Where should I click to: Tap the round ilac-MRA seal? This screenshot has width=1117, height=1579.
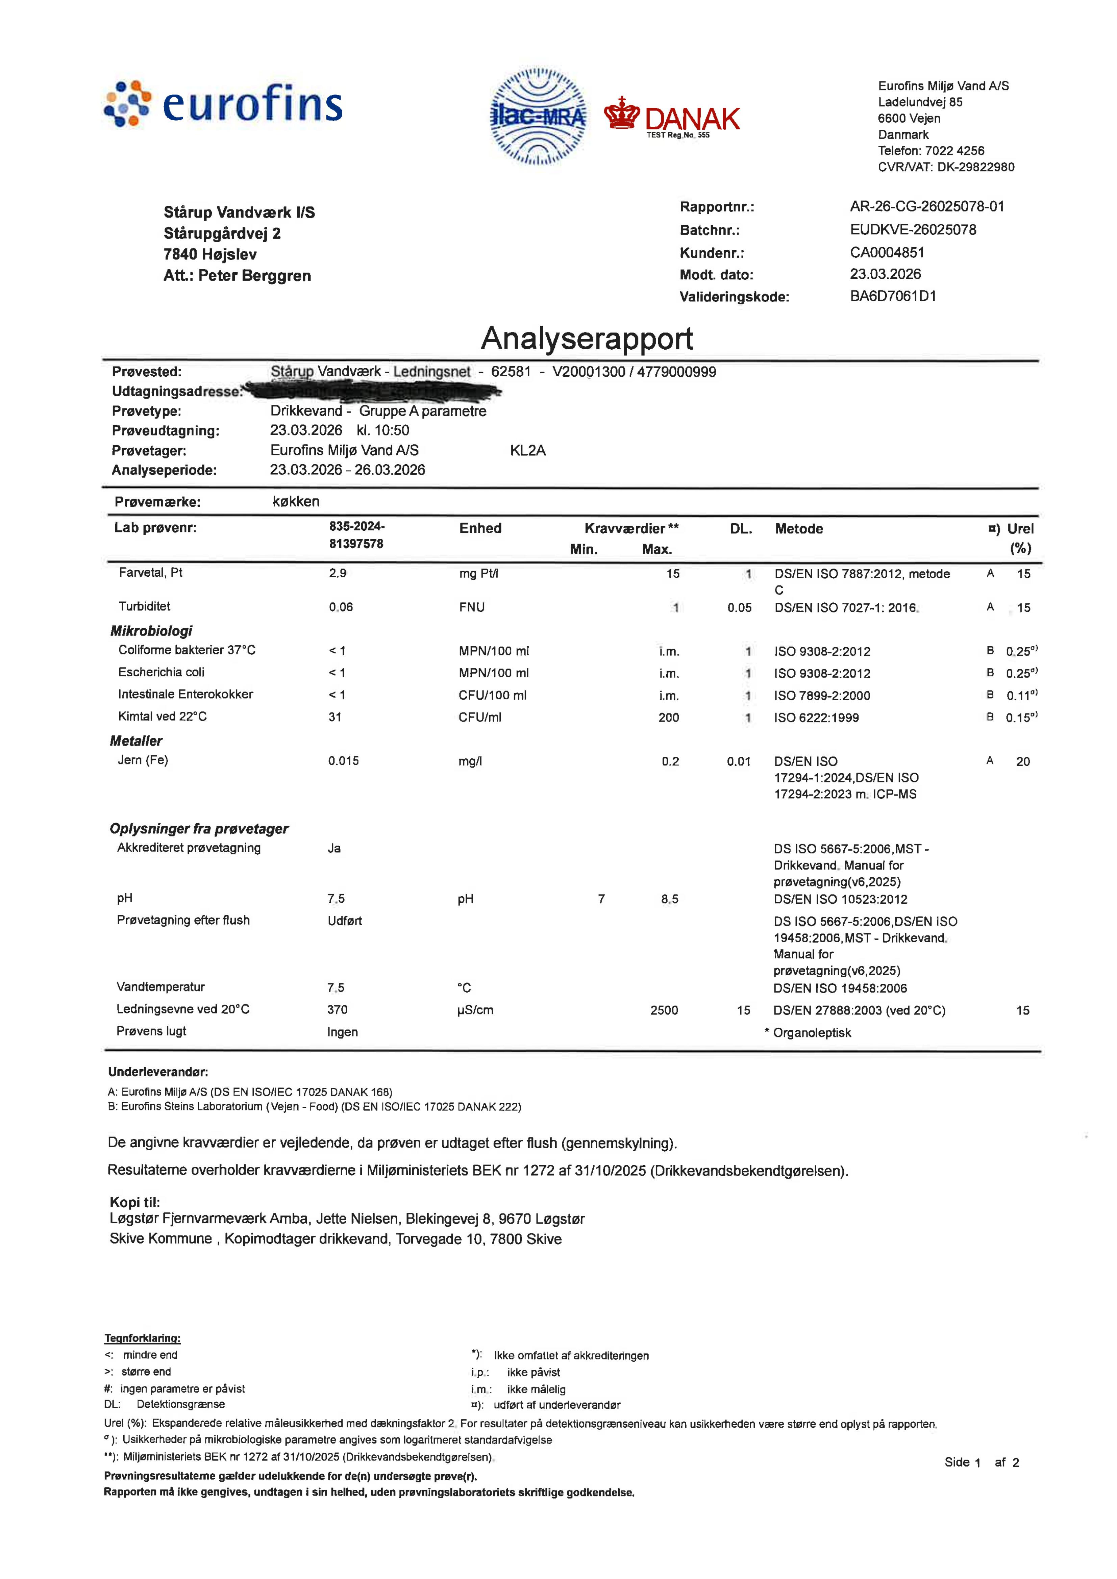538,116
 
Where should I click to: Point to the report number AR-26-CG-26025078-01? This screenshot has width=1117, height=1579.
926,206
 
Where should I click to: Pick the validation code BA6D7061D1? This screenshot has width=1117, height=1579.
893,296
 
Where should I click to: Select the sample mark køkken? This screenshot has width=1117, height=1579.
296,501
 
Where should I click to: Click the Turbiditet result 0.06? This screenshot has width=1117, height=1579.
341,607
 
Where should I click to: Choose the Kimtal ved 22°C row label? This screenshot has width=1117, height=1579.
162,717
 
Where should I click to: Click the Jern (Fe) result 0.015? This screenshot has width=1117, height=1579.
343,761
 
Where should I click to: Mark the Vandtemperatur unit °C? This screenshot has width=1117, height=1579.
464,987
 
